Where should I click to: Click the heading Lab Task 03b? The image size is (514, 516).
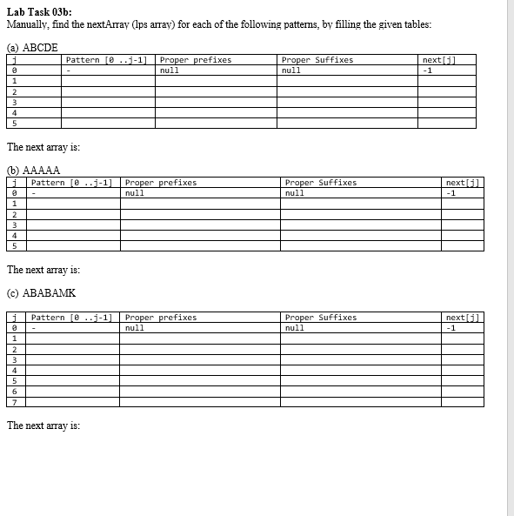pos(39,10)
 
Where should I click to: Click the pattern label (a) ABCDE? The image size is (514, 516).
pos(32,48)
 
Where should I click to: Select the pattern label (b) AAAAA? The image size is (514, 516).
pos(33,170)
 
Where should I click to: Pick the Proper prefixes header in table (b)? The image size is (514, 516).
pos(161,183)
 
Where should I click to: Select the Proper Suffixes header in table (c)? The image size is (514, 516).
pos(320,318)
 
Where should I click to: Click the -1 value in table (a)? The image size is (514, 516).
pos(426,70)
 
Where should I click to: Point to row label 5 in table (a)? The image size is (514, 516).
pos(14,123)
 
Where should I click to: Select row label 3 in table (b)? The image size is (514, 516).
pos(14,224)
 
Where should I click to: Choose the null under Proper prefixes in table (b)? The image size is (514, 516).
pos(135,193)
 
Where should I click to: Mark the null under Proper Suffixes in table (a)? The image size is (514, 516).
pos(291,70)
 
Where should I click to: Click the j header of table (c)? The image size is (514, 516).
pos(14,318)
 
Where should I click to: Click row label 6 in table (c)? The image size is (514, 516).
pos(14,391)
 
